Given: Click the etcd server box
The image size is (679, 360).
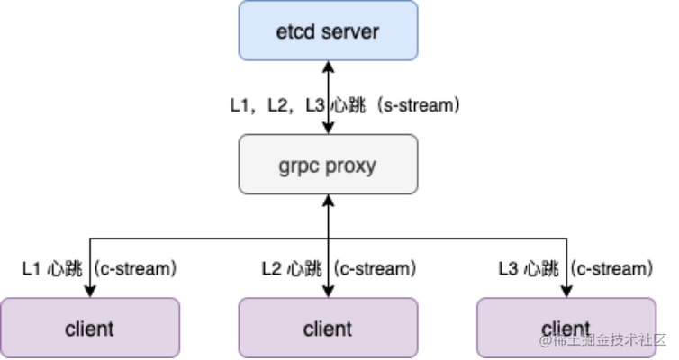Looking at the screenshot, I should [x=328, y=31].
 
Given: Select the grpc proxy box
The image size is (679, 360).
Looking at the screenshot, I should [x=328, y=164].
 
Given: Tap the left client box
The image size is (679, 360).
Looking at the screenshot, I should [x=89, y=328].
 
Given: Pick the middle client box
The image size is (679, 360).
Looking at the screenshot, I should [x=328, y=328].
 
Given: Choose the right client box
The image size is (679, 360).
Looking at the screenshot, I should [x=566, y=328].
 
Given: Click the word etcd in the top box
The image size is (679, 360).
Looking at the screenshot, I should [x=294, y=31].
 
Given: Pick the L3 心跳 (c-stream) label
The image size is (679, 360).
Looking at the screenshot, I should [x=575, y=268].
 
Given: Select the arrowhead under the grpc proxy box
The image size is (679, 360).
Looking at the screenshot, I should [x=328, y=199].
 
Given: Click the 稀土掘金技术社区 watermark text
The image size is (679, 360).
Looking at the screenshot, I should [x=610, y=340].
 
